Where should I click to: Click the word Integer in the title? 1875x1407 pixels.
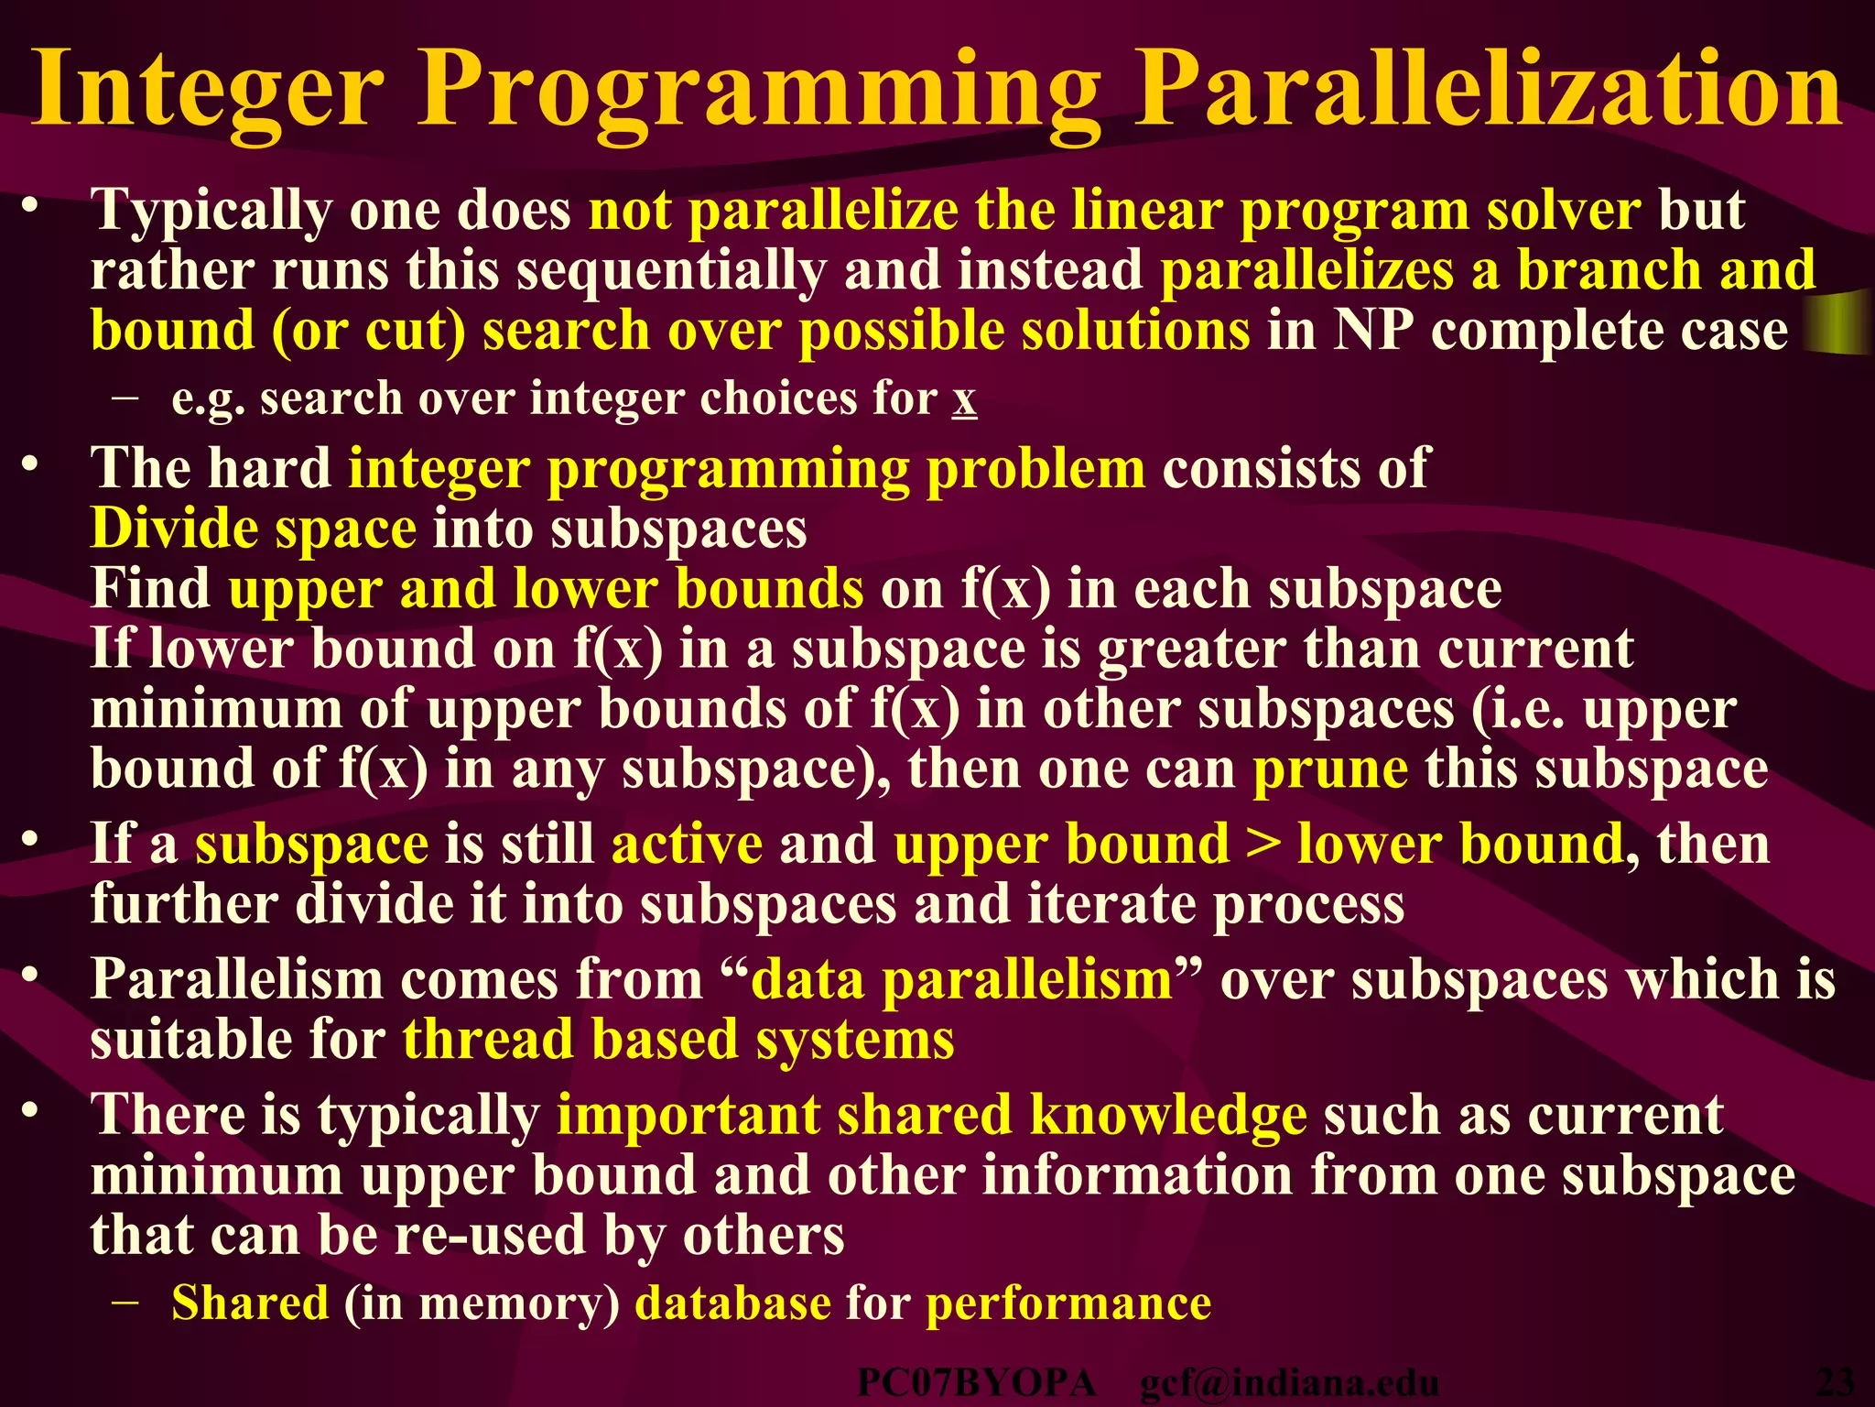click(207, 90)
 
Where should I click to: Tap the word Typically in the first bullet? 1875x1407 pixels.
click(211, 211)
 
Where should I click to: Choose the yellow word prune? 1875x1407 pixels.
click(1329, 769)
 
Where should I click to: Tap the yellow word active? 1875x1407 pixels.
click(687, 844)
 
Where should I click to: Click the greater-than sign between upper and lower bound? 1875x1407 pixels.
click(1263, 844)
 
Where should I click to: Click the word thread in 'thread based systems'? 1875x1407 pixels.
click(487, 1040)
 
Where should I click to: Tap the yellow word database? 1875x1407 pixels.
click(732, 1303)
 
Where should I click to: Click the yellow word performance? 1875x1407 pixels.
click(1068, 1304)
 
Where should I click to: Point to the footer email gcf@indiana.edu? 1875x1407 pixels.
click(1289, 1383)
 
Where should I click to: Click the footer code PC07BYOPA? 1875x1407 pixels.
click(976, 1383)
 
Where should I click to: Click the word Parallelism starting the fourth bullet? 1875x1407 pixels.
click(236, 979)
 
